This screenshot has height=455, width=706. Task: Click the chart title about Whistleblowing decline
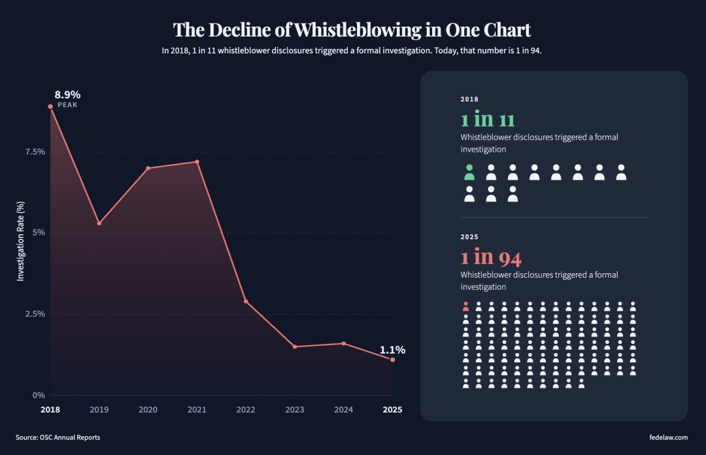click(352, 30)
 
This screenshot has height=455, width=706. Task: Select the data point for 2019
click(99, 223)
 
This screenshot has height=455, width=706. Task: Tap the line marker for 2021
click(197, 161)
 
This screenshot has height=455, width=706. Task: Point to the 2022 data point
click(246, 301)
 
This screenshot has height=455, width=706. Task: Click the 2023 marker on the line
click(295, 346)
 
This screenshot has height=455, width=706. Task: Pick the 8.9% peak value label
click(67, 94)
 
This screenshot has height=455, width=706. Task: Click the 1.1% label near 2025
click(392, 350)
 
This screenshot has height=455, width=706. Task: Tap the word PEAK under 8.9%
click(67, 105)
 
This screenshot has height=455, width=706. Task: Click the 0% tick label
click(39, 395)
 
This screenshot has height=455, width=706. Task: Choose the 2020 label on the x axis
click(148, 410)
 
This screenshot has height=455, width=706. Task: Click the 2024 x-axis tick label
click(343, 410)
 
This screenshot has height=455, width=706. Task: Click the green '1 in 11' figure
click(488, 120)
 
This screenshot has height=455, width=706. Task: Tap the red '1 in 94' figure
click(491, 258)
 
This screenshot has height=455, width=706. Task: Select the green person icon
click(469, 173)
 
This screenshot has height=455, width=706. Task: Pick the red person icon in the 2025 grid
click(465, 306)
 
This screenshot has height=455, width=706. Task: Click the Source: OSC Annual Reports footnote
click(58, 437)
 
